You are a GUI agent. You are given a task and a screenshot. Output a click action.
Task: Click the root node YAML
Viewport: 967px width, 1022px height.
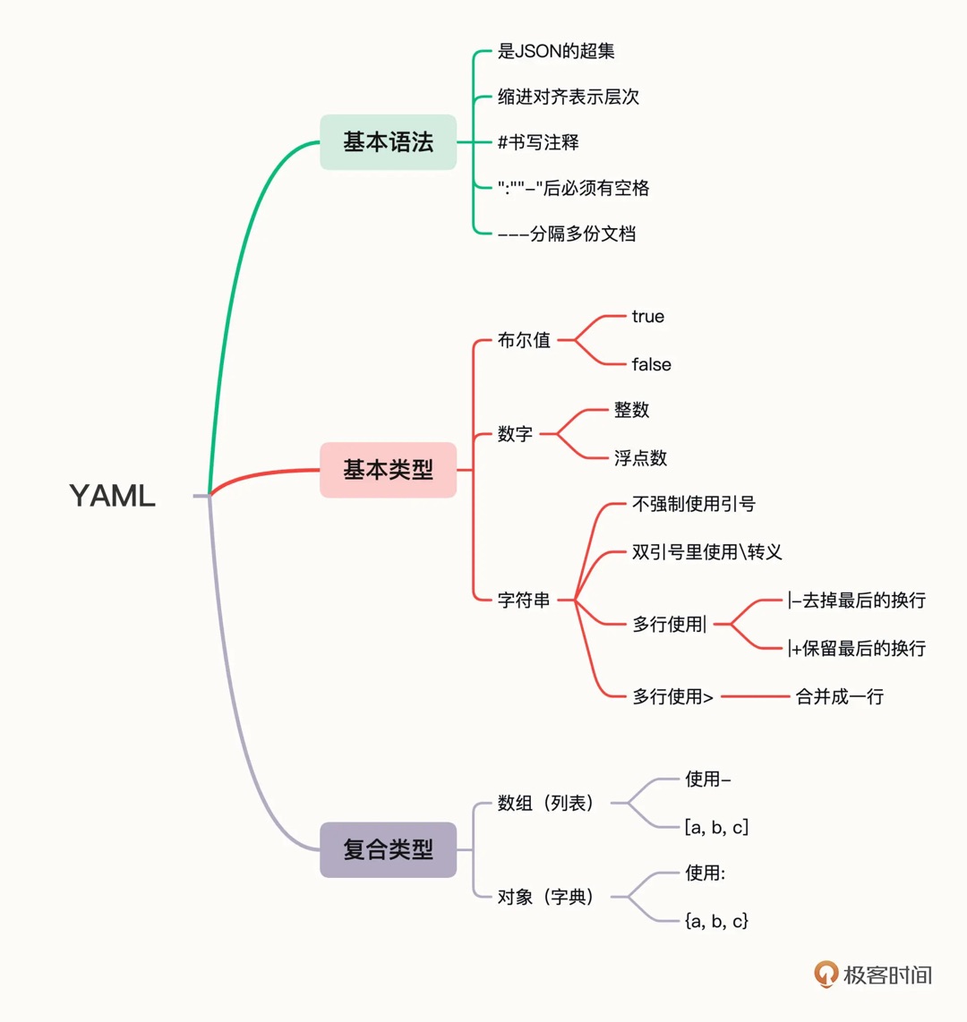coord(113,495)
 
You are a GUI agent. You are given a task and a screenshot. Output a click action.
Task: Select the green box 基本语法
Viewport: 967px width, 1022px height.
coord(388,141)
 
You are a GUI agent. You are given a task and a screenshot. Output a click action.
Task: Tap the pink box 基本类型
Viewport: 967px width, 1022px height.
coord(388,470)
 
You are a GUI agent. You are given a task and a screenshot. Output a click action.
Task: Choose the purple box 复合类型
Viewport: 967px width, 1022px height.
coord(388,849)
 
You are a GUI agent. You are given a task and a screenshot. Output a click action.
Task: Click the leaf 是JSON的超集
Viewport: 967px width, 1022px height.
coord(556,51)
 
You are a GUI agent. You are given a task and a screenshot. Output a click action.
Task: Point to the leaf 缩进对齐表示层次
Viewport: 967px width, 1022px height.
coord(569,97)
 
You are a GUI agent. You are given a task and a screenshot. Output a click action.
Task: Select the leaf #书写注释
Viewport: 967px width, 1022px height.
coord(538,142)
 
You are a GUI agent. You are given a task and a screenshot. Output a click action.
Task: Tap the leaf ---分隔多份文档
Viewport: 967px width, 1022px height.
coord(567,234)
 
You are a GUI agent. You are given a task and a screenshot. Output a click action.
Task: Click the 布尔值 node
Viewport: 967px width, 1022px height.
coord(524,340)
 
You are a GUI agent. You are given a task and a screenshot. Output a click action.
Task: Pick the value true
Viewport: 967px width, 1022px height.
coord(647,317)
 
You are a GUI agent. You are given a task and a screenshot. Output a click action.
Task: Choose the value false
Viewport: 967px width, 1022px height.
coord(651,364)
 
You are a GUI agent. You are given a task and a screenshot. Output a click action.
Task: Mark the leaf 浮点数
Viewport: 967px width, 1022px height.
coord(640,458)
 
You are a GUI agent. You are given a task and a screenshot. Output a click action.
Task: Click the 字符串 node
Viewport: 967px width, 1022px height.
coord(524,600)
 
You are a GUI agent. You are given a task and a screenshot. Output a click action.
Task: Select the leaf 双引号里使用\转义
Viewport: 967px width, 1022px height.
coord(706,552)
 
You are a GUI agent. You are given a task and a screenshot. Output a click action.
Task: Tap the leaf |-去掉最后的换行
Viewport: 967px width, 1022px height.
coord(856,600)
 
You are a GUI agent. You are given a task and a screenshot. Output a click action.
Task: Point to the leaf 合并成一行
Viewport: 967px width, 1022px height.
coord(839,696)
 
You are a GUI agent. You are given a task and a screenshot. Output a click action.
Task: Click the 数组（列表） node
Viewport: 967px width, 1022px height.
coord(546,803)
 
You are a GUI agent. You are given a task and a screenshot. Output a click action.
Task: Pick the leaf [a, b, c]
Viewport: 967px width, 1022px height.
coord(716,827)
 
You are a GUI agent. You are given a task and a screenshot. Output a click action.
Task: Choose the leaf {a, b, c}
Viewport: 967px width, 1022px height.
coord(716,920)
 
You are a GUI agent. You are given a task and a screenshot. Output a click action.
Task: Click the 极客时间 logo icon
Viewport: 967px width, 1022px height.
coord(826,974)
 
